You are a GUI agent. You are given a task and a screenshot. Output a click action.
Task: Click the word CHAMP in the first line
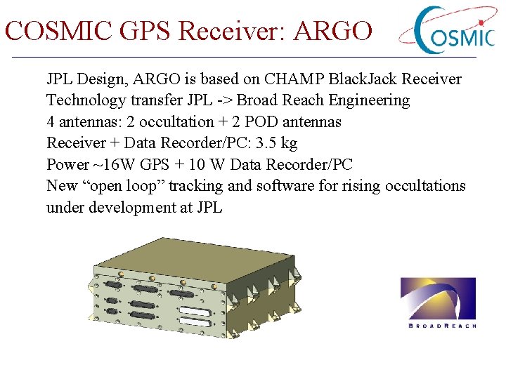click(291, 79)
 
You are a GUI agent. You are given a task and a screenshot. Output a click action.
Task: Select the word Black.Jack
click(361, 79)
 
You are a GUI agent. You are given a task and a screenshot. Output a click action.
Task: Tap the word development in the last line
click(133, 208)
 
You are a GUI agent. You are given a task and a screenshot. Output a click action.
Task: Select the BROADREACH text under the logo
click(442, 326)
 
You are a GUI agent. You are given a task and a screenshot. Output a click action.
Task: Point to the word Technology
click(85, 100)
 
